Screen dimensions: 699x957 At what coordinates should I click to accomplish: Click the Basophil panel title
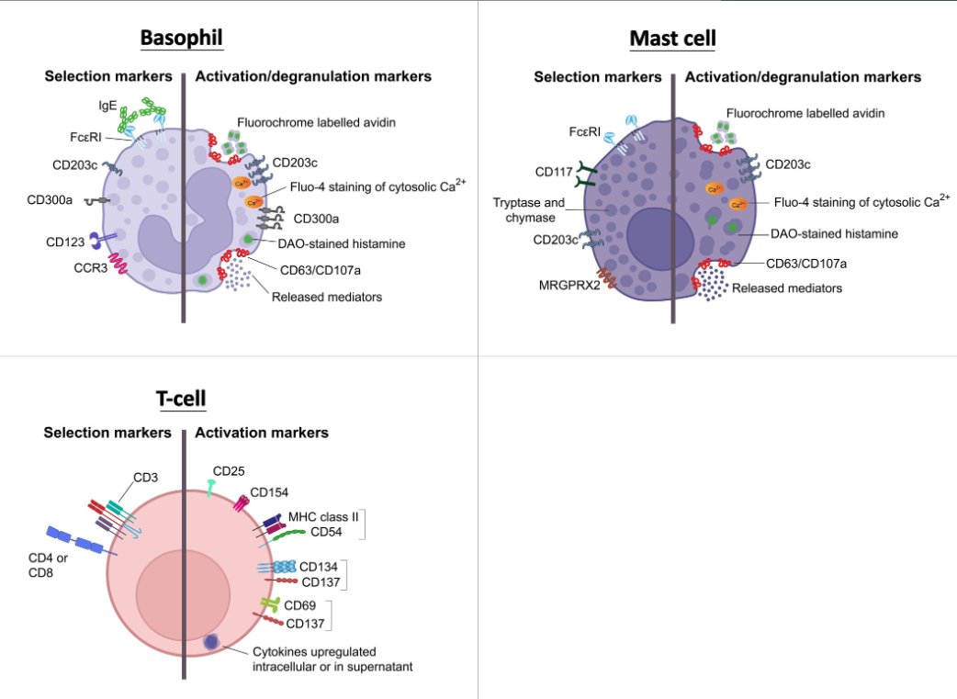point(182,39)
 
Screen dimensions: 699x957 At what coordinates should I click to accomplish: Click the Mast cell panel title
point(672,39)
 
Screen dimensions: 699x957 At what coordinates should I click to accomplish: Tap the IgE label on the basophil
point(107,106)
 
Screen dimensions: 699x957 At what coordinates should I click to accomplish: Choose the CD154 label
point(270,491)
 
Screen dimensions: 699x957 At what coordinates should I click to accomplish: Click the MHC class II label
point(321,517)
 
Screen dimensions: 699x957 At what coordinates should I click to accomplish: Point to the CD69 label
point(301,605)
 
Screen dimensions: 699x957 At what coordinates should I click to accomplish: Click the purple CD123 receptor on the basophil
point(102,242)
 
